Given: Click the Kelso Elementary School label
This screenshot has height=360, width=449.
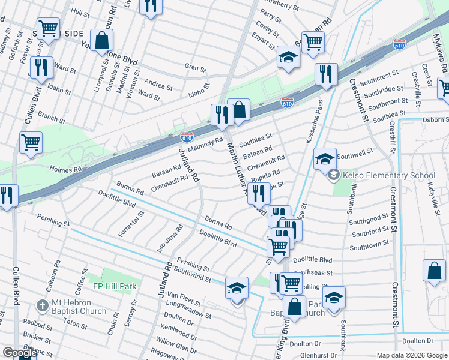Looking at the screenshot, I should point(388,176).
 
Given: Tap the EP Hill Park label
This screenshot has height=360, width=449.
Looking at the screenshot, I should point(114,286).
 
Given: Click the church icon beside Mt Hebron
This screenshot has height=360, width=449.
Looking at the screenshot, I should point(42,306).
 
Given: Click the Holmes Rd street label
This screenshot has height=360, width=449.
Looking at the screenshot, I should point(65,170).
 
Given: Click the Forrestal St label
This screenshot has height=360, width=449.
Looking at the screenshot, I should point(131,224).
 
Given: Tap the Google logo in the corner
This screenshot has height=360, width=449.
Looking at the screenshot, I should point(19,353).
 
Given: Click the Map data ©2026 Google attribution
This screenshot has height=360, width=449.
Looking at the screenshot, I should point(412,355).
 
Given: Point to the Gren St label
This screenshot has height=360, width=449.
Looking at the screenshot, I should point(195,68).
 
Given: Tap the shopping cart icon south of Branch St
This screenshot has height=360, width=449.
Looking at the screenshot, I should point(31,143).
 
